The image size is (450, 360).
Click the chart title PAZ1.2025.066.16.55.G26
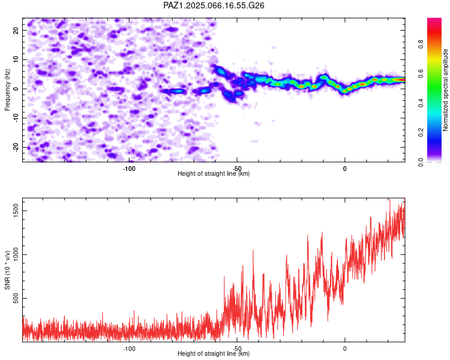pos(214,5)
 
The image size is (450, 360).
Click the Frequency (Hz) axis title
pos(7,90)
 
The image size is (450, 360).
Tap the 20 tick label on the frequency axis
pos(16,31)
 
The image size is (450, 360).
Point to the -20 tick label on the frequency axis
pos(16,147)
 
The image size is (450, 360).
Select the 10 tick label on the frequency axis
pos(16,59)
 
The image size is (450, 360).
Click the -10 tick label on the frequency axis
pos(16,118)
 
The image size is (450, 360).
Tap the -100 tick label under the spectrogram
pos(129,169)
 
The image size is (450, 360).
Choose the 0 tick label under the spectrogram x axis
pos(344,169)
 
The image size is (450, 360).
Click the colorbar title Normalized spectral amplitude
pos(445,90)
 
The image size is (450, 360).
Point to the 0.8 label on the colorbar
pos(421,44)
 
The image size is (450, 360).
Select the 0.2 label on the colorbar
pos(421,133)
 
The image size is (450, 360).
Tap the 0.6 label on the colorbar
pos(421,73)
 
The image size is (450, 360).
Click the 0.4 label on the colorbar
pos(421,103)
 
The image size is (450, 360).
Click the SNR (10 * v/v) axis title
pos(7,270)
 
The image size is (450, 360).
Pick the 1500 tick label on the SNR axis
pos(16,211)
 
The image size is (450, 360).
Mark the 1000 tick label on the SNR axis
pos(16,254)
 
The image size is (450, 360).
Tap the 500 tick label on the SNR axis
pos(16,298)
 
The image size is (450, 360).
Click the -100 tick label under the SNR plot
pos(129,349)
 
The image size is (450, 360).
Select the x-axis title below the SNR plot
pos(214,353)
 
